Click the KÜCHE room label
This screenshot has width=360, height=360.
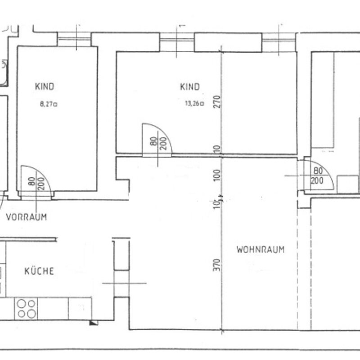(39, 271)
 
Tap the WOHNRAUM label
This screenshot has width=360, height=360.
(261, 250)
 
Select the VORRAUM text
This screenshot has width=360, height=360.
(27, 217)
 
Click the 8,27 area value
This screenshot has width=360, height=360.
(49, 104)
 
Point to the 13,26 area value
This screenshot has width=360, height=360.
(194, 103)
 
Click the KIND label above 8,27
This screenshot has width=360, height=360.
(45, 86)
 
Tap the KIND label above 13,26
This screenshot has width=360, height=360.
(189, 87)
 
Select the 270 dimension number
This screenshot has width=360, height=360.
(217, 102)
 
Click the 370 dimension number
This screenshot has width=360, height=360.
(216, 265)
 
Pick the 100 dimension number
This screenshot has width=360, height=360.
(217, 175)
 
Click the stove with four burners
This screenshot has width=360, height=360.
(26, 309)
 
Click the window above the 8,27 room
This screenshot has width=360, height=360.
(74, 39)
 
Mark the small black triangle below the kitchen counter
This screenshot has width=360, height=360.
(93, 323)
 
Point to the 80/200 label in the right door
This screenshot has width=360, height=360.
(317, 175)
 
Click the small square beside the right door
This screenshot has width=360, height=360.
(347, 184)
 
